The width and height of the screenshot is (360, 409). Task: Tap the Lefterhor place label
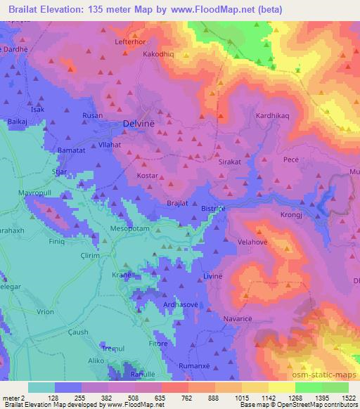[129, 42]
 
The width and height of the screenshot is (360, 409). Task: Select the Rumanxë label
[212, 364]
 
